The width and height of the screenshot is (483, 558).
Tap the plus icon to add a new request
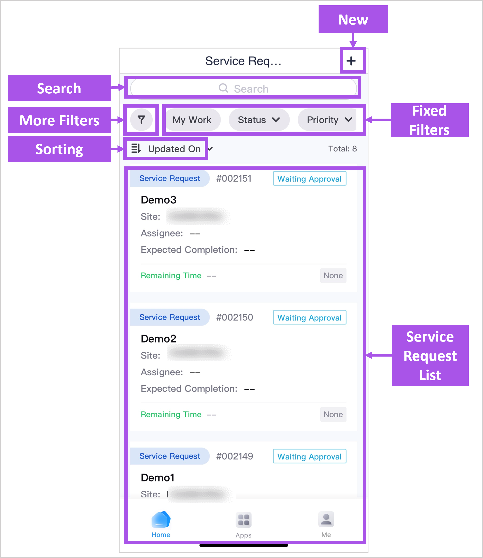coord(351,61)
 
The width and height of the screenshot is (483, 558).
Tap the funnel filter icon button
coord(141,120)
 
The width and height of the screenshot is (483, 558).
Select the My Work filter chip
coord(192,120)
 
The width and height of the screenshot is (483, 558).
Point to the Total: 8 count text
coord(342,149)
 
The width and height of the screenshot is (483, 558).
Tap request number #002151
coord(234,178)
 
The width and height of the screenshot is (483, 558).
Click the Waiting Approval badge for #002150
coord(309,318)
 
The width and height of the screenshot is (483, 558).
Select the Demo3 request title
coord(158,200)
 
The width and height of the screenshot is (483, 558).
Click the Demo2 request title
coord(158,339)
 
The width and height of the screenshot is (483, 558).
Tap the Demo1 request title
coord(158,478)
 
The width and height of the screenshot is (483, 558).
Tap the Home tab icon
coord(161,520)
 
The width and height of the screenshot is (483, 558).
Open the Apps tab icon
coord(244,520)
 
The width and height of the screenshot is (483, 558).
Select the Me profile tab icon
coord(326,519)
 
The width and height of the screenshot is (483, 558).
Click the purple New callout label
coord(353,20)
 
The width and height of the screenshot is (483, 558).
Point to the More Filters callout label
coord(59,120)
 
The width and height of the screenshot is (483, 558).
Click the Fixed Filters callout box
coord(429,120)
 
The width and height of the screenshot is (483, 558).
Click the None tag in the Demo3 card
coord(333,275)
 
